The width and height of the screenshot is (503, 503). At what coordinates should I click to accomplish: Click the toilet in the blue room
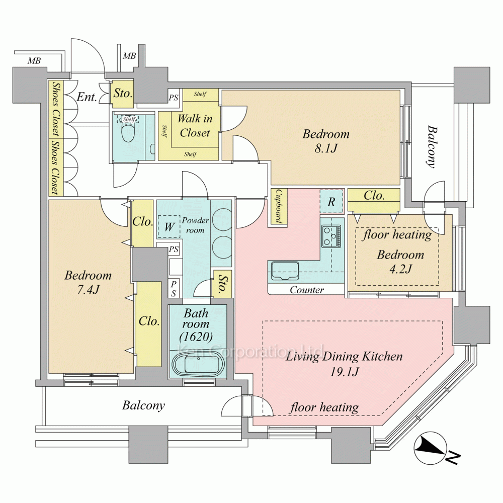point(128,133)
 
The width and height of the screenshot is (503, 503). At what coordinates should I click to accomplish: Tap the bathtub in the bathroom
point(198,365)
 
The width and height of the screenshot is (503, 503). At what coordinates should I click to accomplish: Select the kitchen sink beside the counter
point(285,271)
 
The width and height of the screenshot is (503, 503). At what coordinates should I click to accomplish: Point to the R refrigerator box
point(331,202)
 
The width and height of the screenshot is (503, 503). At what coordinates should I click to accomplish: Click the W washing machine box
point(169,227)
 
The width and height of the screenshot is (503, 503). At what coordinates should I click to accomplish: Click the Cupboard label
point(277,207)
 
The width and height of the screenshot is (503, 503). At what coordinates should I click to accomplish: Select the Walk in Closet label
point(195,126)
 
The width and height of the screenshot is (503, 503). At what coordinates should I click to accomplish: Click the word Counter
point(307,290)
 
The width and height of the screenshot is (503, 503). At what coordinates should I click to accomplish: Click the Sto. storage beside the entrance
point(122,94)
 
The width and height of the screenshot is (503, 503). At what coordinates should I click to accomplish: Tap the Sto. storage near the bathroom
point(221,285)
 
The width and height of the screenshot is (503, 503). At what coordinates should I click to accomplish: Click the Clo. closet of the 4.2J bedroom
point(374,196)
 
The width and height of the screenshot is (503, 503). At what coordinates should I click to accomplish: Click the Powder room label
point(195,225)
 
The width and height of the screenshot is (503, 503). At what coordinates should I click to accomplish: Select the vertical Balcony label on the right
point(431,146)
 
